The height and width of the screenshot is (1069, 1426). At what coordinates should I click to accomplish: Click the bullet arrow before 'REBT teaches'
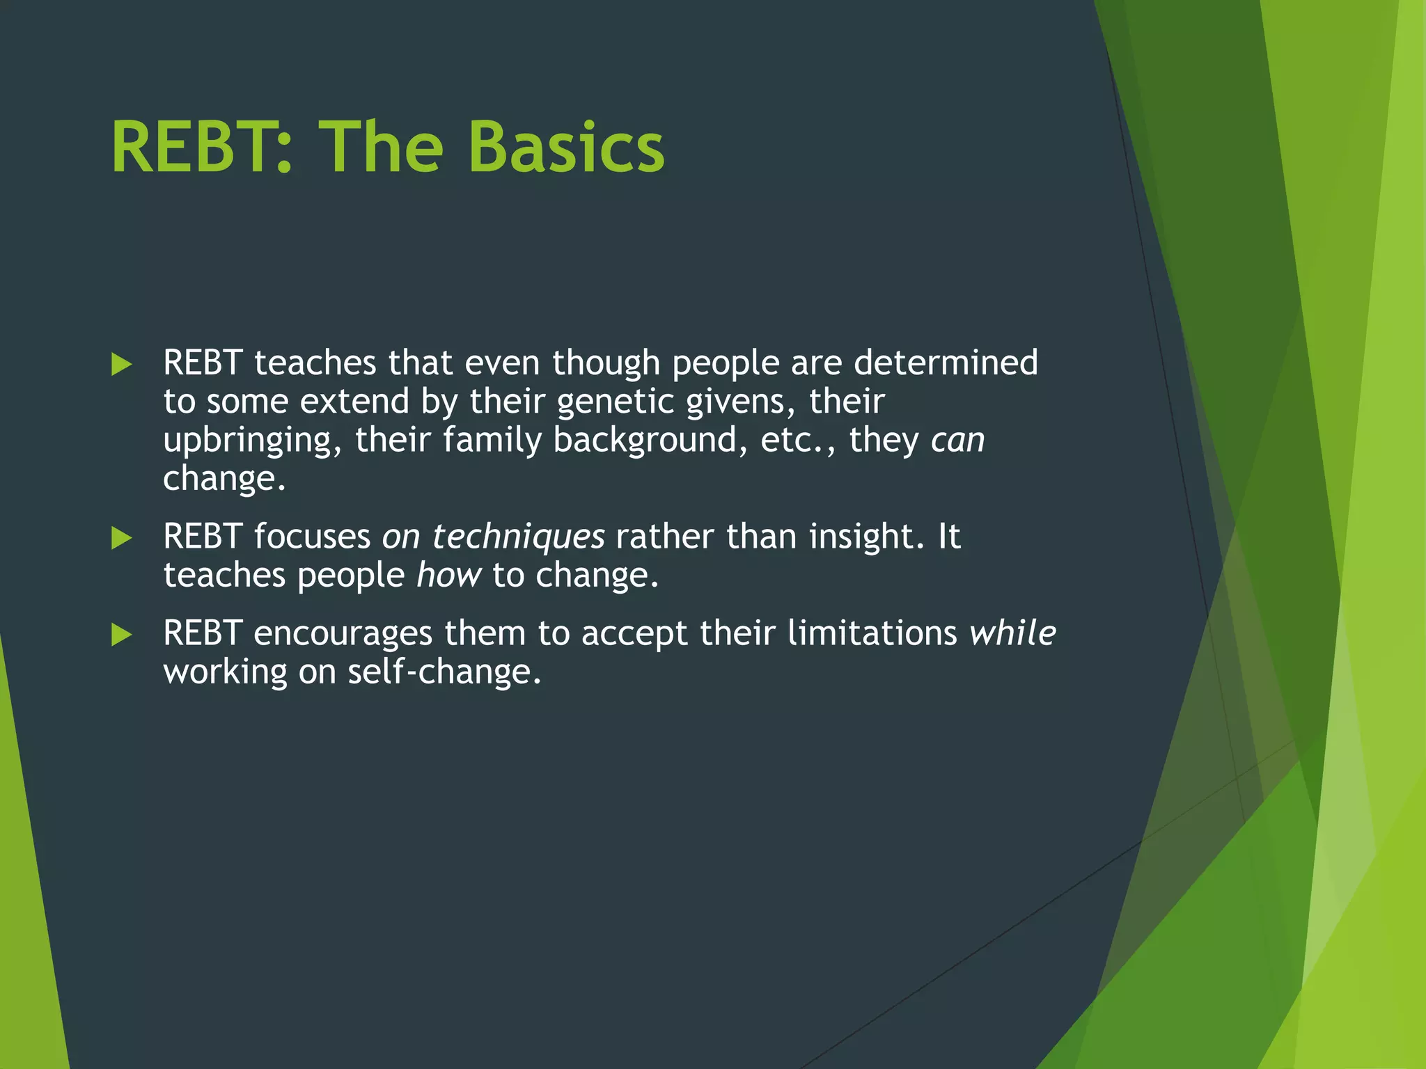122,364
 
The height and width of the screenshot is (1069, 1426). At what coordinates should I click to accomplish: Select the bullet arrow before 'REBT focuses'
122,537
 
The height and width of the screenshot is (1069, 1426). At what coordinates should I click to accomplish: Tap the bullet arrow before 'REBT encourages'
122,634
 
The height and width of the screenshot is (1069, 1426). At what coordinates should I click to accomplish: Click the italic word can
958,441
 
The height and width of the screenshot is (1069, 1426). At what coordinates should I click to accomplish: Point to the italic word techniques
518,537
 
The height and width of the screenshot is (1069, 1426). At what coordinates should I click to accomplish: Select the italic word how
448,576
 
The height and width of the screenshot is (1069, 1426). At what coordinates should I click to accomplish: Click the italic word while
1012,633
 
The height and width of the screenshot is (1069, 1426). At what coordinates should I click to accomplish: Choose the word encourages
343,633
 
